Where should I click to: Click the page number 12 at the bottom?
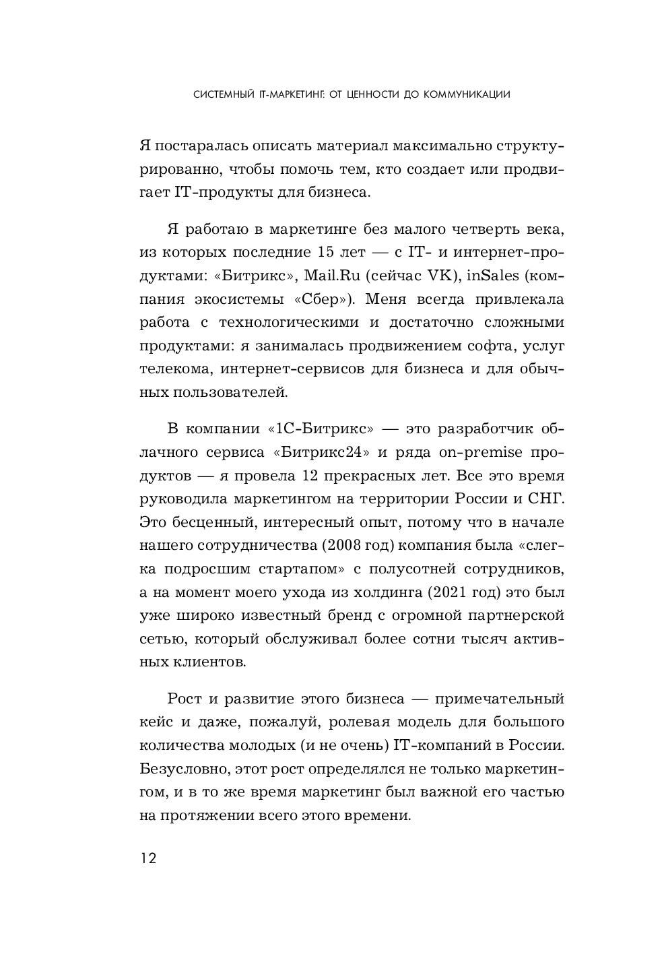(148, 858)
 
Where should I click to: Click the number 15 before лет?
(325, 253)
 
